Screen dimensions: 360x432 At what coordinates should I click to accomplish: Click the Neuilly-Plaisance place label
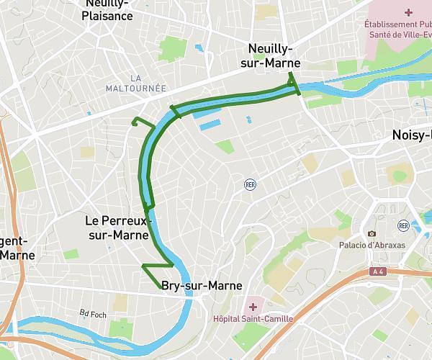pos(107,10)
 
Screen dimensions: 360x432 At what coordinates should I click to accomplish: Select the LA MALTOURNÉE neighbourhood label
pos(135,83)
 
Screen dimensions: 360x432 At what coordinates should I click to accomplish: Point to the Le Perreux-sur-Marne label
pos(117,228)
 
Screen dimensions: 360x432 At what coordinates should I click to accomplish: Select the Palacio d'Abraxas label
pos(373,245)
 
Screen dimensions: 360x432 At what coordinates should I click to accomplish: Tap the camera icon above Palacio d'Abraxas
pos(372,233)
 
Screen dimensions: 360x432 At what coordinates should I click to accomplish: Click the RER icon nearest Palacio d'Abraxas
pos(403,226)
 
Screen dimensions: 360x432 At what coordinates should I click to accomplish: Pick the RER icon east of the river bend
pos(250,184)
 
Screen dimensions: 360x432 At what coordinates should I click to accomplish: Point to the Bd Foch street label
pos(93,313)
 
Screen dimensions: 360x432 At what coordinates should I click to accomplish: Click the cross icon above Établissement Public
pos(408,12)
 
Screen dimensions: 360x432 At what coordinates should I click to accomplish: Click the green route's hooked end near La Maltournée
pos(135,121)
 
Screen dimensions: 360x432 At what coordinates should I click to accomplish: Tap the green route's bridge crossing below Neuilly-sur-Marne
pos(292,83)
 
